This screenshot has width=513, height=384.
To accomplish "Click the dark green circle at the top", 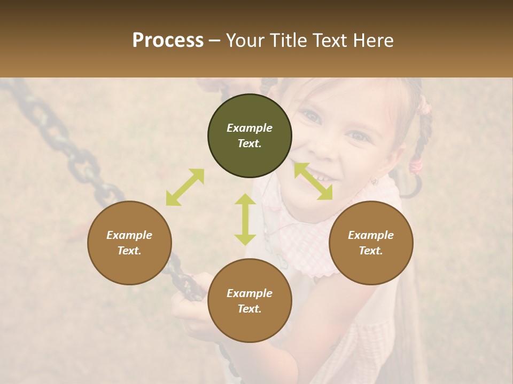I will (250, 136).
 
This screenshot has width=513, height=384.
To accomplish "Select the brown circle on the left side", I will (129, 243).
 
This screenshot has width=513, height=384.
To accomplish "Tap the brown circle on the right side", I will (371, 243).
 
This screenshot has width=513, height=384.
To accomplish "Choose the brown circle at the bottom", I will (250, 301).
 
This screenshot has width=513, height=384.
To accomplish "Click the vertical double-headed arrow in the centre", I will (245, 219).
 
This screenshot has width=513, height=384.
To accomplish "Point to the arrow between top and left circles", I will (185, 187).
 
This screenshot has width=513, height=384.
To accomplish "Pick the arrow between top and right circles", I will (313, 181).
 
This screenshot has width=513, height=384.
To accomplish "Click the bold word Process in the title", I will (168, 41).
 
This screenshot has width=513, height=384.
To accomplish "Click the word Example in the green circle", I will (250, 128).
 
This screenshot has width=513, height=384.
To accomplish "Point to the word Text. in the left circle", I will (129, 251).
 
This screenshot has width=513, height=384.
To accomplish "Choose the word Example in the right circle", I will (371, 235).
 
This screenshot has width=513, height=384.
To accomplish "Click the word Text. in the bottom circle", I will (250, 309).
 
